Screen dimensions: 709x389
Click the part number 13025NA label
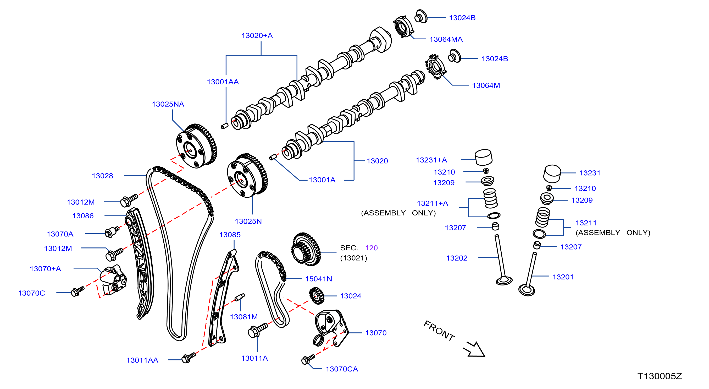pos(168,104)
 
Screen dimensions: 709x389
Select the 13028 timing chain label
pos(102,176)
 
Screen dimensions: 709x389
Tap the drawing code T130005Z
pos(660,376)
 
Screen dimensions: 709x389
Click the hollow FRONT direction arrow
pos(474,349)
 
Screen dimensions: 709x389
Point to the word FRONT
pos(439,331)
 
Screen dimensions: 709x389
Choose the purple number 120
pos(371,248)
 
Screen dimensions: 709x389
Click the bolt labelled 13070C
pos(77,291)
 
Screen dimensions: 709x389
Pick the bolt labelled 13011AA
pos(189,358)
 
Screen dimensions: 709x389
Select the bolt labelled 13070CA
pos(308,359)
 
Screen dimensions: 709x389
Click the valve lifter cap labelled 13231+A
pos(484,157)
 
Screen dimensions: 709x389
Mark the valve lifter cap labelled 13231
pos(552,174)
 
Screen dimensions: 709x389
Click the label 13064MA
pos(446,39)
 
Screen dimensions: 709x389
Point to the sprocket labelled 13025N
pos(247,176)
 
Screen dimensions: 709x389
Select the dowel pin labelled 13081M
pos(240,297)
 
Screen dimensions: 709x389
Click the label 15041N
pos(318,279)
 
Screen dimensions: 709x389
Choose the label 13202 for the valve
pos(457,258)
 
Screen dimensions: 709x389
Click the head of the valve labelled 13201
pos(527,290)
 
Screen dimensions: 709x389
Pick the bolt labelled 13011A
pos(258,330)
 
